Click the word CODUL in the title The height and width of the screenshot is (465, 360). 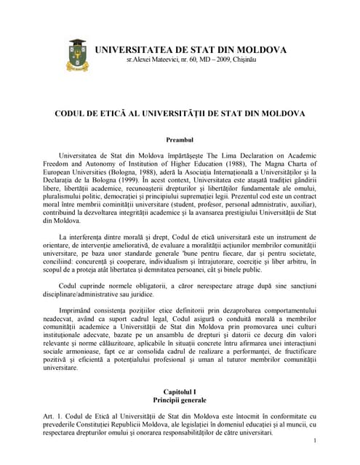[73, 114]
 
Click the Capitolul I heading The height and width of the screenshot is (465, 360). [180, 392]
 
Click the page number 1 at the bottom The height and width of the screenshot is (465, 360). [313, 442]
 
